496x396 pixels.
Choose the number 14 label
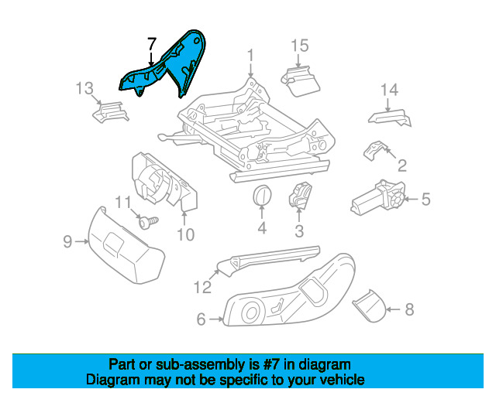point(389,90)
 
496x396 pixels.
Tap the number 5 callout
point(425,200)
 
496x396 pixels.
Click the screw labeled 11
point(149,222)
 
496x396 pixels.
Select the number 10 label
point(185,233)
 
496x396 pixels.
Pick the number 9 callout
point(67,242)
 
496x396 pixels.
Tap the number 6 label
point(201,318)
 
